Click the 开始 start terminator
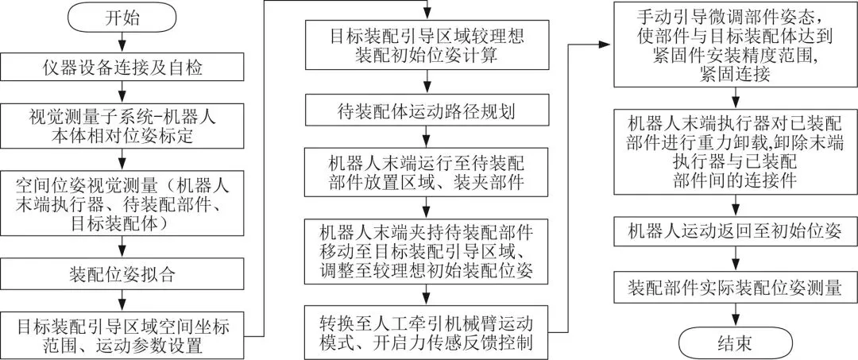pyautogui.click(x=121, y=17)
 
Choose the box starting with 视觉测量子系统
pyautogui.click(x=122, y=125)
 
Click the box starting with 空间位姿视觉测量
pyautogui.click(x=122, y=203)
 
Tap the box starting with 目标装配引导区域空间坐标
pyautogui.click(x=122, y=335)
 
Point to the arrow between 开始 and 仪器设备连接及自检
pyautogui.click(x=122, y=41)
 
